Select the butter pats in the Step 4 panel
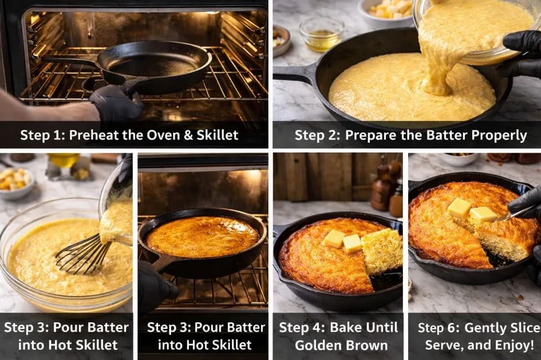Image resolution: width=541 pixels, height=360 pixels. (x=343, y=241)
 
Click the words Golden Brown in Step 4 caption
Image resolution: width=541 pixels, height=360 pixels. (x=341, y=345)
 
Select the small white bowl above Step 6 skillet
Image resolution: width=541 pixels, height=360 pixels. (x=459, y=159)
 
